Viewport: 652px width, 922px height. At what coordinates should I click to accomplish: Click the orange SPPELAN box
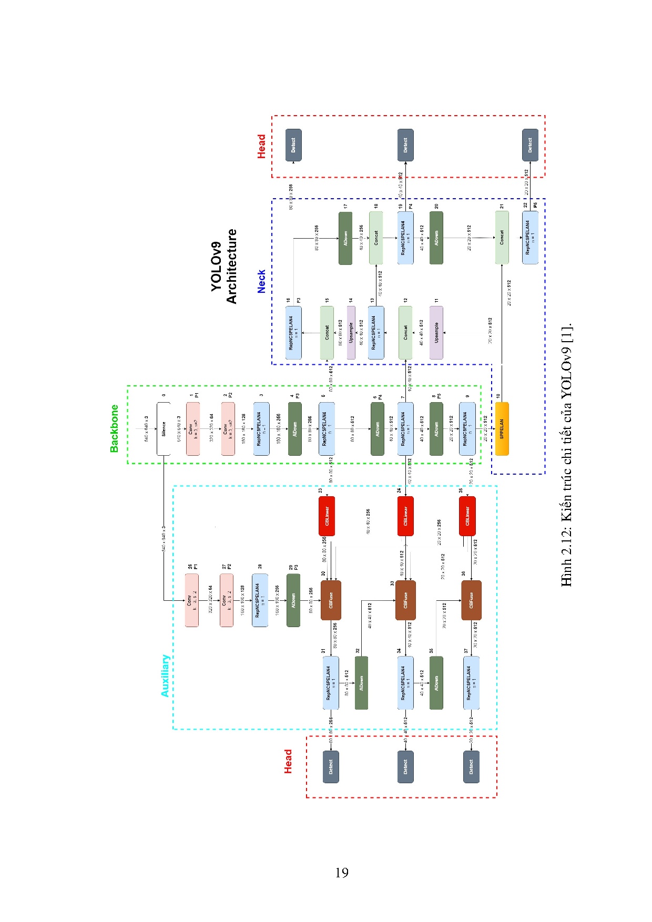502,428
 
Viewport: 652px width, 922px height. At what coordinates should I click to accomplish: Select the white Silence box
163,428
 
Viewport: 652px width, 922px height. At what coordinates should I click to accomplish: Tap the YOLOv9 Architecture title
224,267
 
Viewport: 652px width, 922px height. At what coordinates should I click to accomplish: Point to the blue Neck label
261,281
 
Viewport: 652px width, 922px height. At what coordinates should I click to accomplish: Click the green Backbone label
114,428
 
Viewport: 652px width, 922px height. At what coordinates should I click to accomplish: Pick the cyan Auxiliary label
165,675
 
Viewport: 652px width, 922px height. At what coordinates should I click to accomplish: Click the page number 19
342,873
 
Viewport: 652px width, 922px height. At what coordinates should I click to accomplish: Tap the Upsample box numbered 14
351,333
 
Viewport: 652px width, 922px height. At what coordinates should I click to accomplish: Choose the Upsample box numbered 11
436,333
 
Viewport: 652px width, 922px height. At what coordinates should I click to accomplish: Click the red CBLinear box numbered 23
327,516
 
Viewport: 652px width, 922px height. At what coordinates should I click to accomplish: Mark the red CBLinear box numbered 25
467,516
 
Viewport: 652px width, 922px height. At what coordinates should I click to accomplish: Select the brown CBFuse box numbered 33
405,600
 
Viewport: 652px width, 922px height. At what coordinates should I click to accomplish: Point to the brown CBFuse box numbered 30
331,600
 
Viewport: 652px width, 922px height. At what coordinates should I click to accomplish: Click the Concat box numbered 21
502,238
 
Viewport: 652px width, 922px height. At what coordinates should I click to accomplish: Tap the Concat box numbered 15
327,333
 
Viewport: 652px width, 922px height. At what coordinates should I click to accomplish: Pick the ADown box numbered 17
345,238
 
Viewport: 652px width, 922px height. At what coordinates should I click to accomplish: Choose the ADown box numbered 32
361,682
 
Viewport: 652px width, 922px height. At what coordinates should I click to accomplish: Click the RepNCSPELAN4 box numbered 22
530,238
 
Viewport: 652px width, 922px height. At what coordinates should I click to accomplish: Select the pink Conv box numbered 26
191,600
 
